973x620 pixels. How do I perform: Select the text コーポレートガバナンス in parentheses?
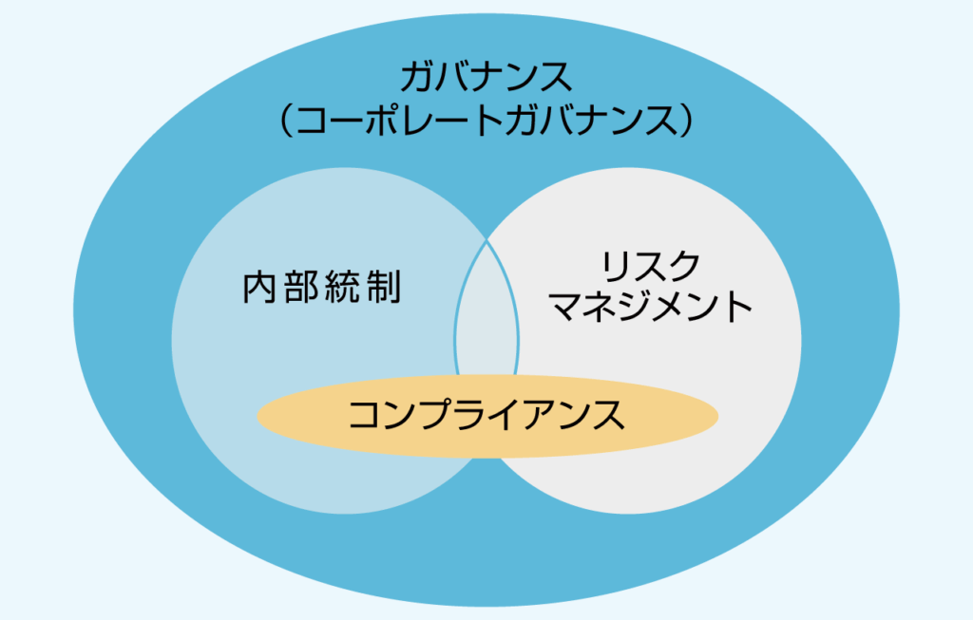486,121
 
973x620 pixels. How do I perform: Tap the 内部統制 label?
322,287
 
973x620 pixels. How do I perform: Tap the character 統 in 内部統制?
343,287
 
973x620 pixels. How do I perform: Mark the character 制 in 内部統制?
384,287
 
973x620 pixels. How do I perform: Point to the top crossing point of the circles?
487,238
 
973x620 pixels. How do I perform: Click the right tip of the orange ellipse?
715,416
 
